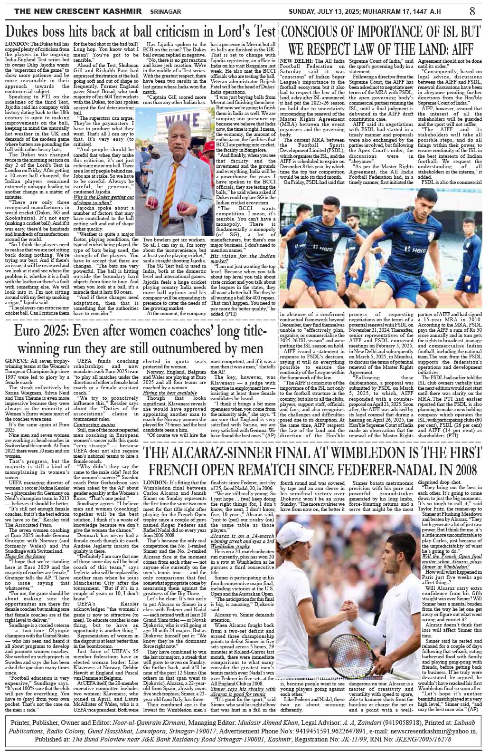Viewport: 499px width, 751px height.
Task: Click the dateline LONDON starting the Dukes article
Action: pyautogui.click(x=18, y=44)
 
